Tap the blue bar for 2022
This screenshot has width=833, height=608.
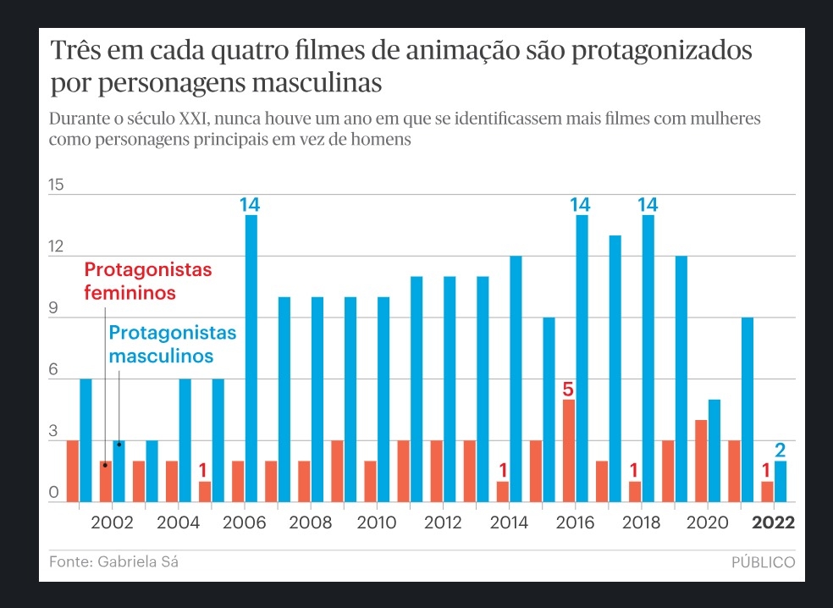click(781, 481)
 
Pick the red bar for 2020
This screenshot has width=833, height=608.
click(701, 461)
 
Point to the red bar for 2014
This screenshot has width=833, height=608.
click(503, 491)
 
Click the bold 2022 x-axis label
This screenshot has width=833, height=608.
click(774, 522)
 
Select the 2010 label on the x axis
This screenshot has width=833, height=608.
click(377, 522)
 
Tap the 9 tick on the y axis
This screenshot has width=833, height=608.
click(54, 309)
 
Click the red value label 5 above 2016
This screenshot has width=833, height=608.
click(568, 390)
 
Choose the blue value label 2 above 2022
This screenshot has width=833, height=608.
click(781, 450)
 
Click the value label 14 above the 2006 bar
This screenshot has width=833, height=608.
click(250, 205)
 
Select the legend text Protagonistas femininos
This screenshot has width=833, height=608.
click(148, 281)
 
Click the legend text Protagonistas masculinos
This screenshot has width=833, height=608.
click(172, 344)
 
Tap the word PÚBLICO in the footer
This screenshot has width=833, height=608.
click(763, 561)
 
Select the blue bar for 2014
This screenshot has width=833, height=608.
click(516, 379)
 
